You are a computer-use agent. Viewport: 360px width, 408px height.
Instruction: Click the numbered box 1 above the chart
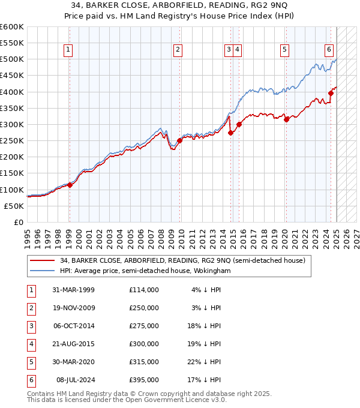(x=69, y=50)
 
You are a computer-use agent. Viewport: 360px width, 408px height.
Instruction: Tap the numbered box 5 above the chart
(x=284, y=50)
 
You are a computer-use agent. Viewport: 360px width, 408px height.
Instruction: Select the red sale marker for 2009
(x=179, y=140)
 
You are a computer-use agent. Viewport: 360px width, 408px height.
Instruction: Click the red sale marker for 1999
(x=70, y=185)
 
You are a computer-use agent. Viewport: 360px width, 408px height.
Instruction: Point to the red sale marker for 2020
(x=286, y=119)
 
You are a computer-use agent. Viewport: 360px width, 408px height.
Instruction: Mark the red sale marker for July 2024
(x=331, y=93)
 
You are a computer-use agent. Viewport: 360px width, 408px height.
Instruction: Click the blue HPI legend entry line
(x=42, y=271)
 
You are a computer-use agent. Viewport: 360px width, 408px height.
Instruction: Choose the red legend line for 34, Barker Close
(x=42, y=260)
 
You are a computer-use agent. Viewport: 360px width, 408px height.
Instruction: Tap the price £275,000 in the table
(x=144, y=326)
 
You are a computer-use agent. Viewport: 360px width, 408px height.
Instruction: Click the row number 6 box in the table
(x=31, y=380)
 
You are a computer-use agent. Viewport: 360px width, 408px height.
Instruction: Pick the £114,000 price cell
(x=144, y=290)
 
